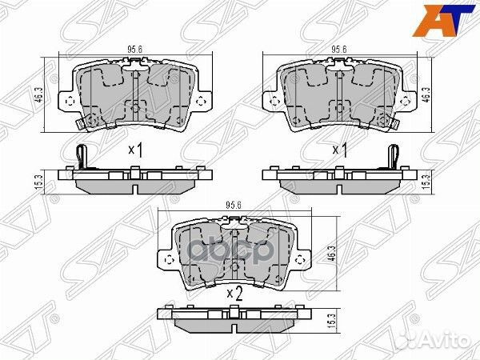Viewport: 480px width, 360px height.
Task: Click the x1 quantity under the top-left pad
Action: point(135,150)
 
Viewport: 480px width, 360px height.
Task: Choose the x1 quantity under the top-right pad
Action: point(341,150)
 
